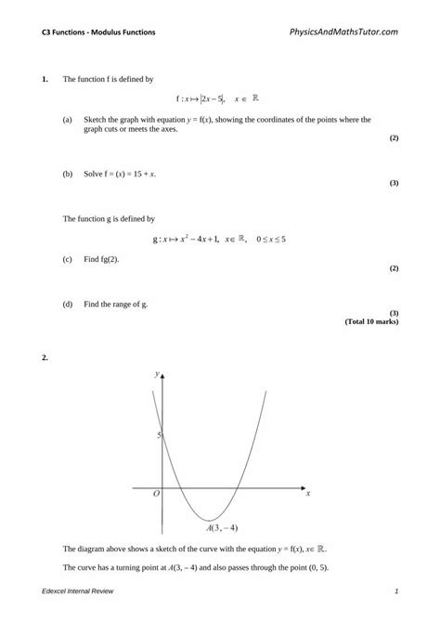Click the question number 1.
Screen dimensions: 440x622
44,80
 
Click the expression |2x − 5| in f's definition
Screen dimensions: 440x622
205,98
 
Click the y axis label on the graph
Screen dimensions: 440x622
157,373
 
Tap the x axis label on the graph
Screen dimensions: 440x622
307,494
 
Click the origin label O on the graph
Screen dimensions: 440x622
156,495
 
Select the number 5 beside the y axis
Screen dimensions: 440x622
159,434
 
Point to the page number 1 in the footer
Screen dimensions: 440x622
396,591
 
